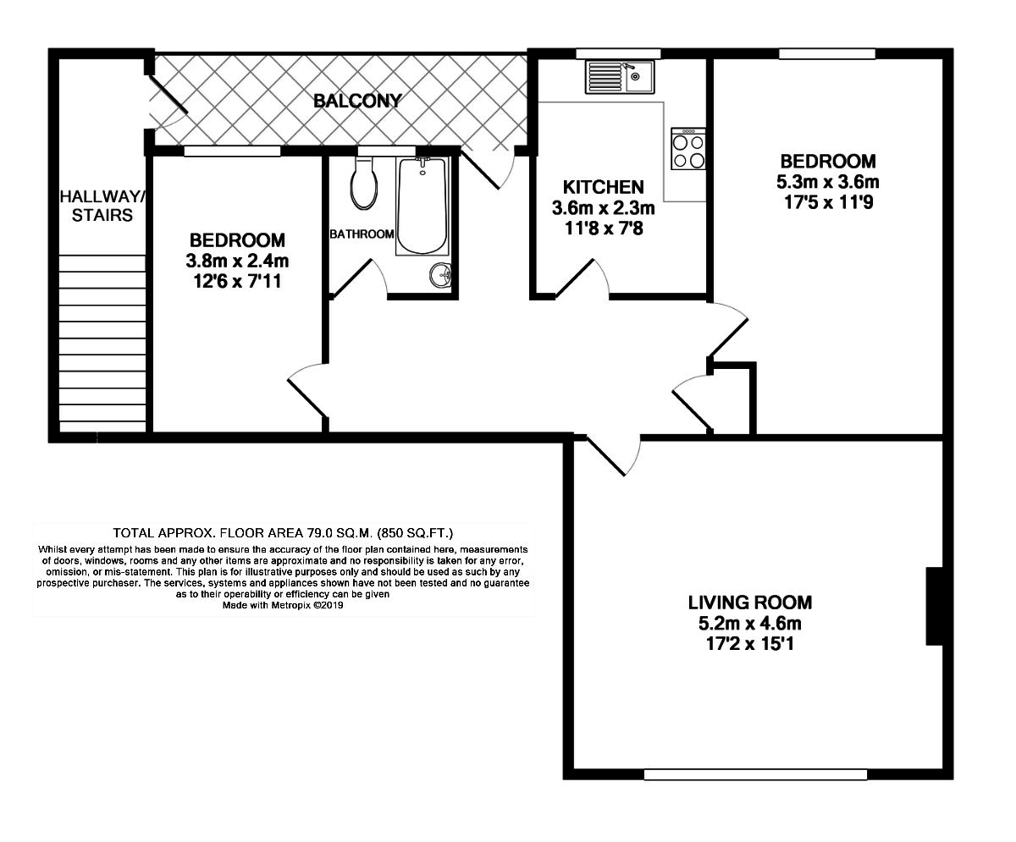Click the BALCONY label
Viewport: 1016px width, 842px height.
356,101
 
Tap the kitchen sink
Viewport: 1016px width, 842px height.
617,78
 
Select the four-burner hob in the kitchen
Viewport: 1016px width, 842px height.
688,150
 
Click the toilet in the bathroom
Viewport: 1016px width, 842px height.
364,186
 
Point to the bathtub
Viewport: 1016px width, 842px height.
421,206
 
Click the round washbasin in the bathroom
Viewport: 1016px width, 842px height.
440,274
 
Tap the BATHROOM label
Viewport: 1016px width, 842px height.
362,234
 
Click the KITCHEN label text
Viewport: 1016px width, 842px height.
604,187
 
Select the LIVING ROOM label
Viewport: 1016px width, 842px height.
749,603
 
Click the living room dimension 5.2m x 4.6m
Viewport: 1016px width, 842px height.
749,625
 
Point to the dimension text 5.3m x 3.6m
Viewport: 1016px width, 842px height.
827,182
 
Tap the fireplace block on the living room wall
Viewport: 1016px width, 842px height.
935,607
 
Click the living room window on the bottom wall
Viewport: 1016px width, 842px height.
755,773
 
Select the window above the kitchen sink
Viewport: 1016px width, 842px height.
618,54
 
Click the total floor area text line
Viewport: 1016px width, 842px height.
284,533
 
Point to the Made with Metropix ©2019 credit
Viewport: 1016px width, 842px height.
284,606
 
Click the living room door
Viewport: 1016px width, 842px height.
611,457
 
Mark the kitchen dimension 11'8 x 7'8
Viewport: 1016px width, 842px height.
604,227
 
